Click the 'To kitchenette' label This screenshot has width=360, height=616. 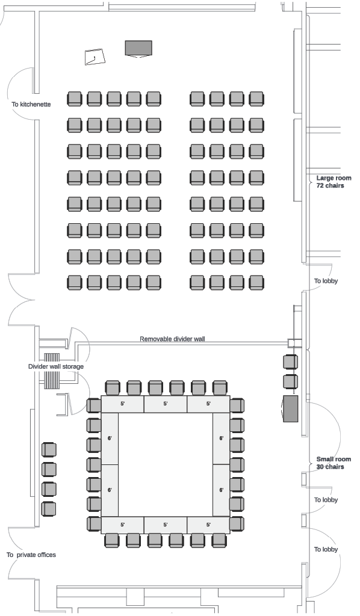pos(31,105)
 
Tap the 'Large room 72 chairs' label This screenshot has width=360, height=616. pos(334,182)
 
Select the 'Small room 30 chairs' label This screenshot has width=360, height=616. pos(334,463)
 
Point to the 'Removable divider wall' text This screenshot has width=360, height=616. pos(172,339)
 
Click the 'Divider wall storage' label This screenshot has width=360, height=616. pos(56,366)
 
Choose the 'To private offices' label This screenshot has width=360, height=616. pos(31,555)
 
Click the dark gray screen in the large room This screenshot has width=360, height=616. pos(138,49)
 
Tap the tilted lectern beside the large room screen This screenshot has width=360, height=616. pos(95,57)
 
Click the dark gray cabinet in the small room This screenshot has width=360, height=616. pos(290,409)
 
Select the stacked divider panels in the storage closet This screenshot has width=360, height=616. pos(52,371)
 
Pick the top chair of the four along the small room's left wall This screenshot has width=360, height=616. pos(49,449)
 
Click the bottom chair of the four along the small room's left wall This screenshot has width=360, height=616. pos(49,509)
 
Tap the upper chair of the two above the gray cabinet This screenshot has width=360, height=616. pos(290,362)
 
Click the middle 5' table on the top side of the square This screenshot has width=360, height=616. pos(166,404)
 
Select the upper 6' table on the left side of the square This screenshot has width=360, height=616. pos(110,439)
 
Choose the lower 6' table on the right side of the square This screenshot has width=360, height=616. pos(222,490)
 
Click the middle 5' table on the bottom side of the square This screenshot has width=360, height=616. pos(166,525)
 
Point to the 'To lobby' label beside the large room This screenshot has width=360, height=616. pos(326,281)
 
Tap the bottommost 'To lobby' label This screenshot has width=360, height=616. pos(326,549)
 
